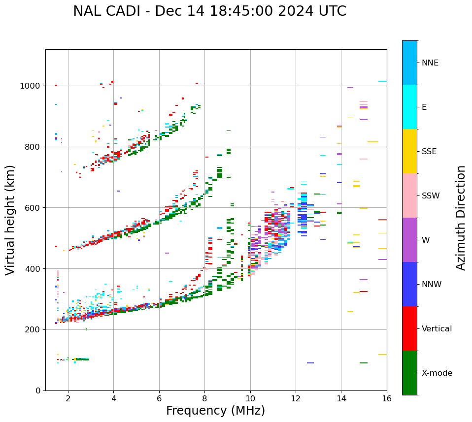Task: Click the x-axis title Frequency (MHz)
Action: tap(215, 411)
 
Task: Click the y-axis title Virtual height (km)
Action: tap(10, 220)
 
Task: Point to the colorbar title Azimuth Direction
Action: tap(461, 218)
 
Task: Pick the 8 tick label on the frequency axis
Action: tap(204, 398)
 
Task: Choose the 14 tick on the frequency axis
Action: tap(341, 398)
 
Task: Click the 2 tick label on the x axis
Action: tap(68, 398)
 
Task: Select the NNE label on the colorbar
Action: tap(430, 63)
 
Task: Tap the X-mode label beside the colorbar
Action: tap(437, 373)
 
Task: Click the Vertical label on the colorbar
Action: tap(437, 329)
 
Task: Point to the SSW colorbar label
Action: tap(431, 196)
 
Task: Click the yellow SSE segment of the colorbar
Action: tap(409, 151)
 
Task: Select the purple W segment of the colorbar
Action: tap(409, 240)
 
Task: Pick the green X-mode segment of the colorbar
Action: tap(409, 373)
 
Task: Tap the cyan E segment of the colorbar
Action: tap(409, 107)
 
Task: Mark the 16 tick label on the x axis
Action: tap(387, 398)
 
